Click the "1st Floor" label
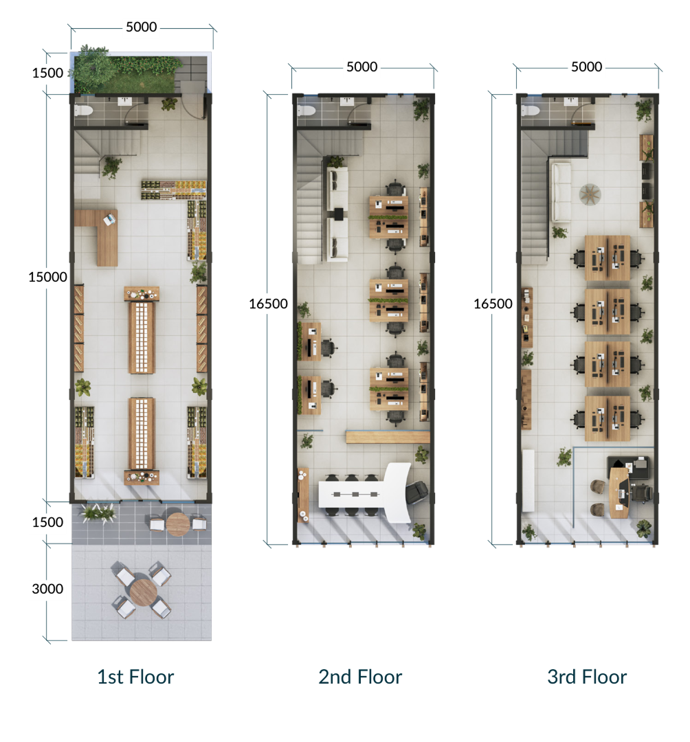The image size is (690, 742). point(135,677)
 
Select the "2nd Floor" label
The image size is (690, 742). point(360,677)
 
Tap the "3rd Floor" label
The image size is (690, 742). point(587,677)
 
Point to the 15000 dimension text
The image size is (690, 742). point(47,277)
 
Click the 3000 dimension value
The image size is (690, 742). point(47,589)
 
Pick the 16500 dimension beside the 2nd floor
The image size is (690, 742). point(268,304)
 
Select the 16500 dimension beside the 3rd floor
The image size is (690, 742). point(493,304)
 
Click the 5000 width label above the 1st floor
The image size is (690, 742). point(142,27)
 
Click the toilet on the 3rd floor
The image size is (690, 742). point(529,110)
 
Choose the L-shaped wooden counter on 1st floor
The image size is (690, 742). point(100,234)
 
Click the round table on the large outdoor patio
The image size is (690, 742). point(142,590)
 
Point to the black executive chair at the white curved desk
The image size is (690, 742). point(416,492)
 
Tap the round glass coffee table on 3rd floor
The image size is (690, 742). point(590,194)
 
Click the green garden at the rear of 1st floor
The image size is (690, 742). point(127,70)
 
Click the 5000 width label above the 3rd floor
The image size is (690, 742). point(586,67)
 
